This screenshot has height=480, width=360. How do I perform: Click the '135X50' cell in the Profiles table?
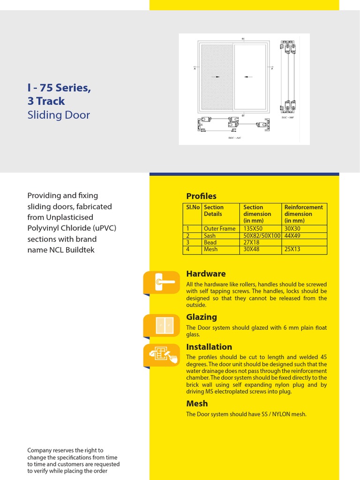click(253, 229)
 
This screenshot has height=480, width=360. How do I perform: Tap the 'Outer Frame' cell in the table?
click(219, 229)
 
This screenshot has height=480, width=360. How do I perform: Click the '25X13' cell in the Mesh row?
click(292, 249)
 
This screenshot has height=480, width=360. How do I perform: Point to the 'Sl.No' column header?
click(193, 207)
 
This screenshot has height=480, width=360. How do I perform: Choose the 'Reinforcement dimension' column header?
click(304, 214)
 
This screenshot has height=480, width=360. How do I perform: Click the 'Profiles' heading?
click(201, 196)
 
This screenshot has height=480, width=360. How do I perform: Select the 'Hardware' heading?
click(206, 274)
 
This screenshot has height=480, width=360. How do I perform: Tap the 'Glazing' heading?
click(202, 317)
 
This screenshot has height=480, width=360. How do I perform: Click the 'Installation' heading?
click(209, 347)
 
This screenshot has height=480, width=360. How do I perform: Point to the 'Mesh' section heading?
click(197, 404)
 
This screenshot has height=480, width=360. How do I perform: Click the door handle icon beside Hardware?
click(162, 282)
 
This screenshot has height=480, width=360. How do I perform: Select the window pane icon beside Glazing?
click(162, 325)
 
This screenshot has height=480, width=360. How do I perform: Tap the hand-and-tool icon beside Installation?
click(162, 355)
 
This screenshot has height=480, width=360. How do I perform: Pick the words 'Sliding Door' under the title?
click(59, 115)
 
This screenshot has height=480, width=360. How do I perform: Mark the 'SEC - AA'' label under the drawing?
click(233, 138)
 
